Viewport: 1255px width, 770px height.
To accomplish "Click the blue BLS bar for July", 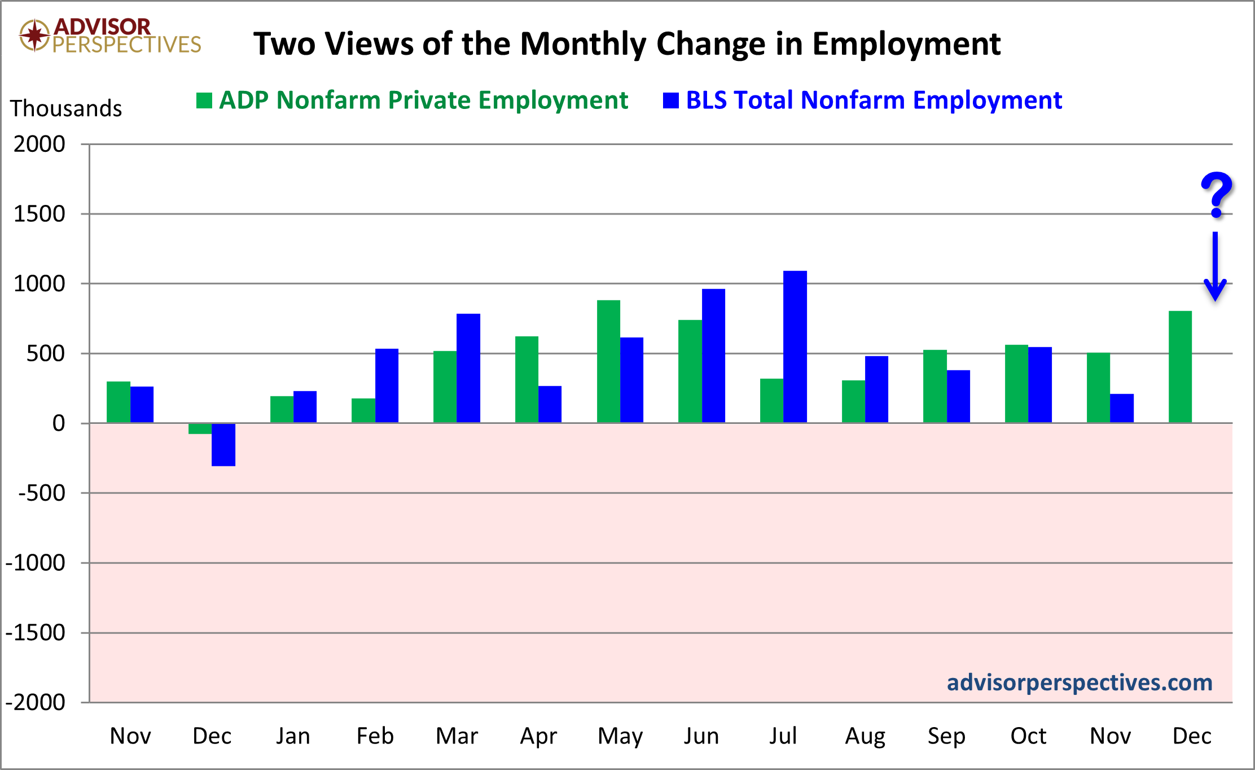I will tap(795, 347).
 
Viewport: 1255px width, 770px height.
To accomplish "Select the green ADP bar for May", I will tap(608, 361).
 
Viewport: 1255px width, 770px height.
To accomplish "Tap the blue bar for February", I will tap(387, 386).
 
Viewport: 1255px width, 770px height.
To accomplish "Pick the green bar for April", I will tap(526, 379).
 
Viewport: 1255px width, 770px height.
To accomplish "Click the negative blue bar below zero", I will tap(223, 445).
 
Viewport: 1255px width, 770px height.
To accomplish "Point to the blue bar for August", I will tap(876, 390).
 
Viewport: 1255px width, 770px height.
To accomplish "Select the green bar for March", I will tap(445, 387).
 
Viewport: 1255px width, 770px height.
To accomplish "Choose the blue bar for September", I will tap(958, 396).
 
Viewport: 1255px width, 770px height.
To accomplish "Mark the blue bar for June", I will tap(713, 356).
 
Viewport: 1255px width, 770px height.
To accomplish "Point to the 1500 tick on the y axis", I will tap(40, 214).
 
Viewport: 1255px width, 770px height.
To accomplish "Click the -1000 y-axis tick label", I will tap(35, 563).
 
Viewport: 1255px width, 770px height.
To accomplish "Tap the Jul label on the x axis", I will tap(783, 736).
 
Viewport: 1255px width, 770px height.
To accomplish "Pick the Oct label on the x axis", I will tap(1028, 736).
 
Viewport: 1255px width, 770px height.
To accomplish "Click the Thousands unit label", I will tap(66, 108).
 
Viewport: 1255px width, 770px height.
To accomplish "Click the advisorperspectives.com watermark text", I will tap(1079, 683).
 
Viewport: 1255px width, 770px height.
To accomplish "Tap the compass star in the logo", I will tap(35, 35).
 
